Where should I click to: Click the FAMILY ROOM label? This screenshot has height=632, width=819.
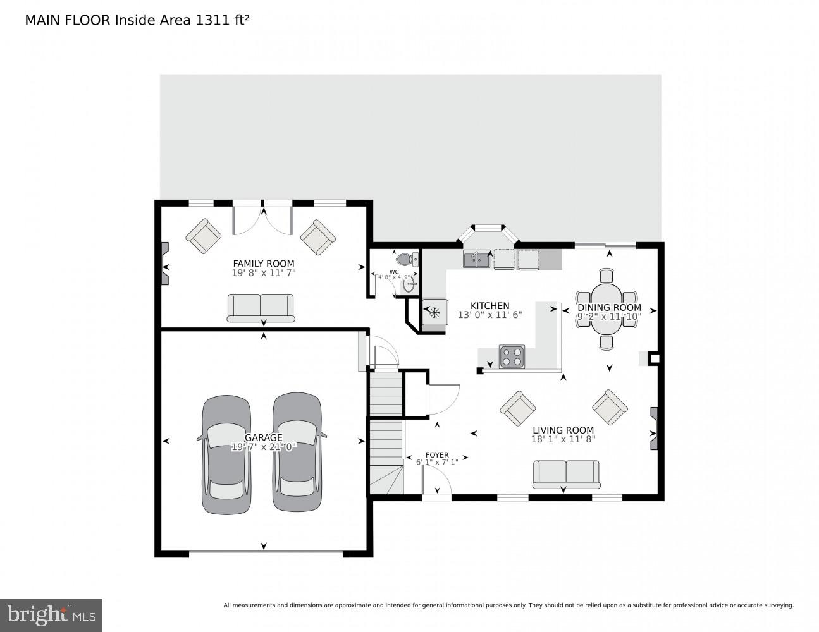pyautogui.click(x=263, y=264)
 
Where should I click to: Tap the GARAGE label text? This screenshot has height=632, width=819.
pyautogui.click(x=263, y=437)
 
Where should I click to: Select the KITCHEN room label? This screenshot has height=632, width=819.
pyautogui.click(x=490, y=305)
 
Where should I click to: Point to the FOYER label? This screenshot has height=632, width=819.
pyautogui.click(x=436, y=454)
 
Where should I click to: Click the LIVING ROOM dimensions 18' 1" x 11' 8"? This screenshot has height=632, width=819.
pyautogui.click(x=563, y=440)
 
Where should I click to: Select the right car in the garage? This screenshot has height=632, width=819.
pyautogui.click(x=298, y=453)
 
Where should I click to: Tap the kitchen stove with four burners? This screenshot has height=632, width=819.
pyautogui.click(x=512, y=356)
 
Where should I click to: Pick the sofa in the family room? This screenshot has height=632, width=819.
pyautogui.click(x=260, y=308)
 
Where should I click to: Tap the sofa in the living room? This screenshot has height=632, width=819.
pyautogui.click(x=566, y=475)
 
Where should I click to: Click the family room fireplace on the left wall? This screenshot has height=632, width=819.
pyautogui.click(x=166, y=264)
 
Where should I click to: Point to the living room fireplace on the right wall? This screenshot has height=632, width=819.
pyautogui.click(x=655, y=428)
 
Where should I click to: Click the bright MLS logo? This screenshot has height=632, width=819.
pyautogui.click(x=51, y=614)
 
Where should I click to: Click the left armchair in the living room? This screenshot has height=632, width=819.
pyautogui.click(x=519, y=408)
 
